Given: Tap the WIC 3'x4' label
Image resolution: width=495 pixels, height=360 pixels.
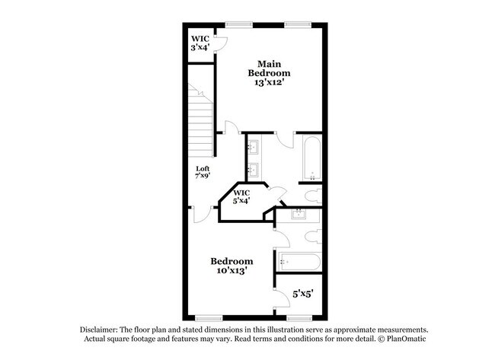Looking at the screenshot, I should (x=200, y=43).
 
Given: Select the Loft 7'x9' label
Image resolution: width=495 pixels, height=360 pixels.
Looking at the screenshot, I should (x=203, y=172).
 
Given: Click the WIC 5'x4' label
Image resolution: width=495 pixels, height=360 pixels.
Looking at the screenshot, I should (x=241, y=196).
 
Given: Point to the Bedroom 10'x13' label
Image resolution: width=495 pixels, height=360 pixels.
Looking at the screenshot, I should (x=232, y=266).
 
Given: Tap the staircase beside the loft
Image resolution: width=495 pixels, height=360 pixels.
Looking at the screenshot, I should (x=200, y=118).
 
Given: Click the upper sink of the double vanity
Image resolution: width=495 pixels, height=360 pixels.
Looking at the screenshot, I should (x=254, y=146).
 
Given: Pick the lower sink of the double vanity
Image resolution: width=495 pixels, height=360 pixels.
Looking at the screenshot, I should (x=254, y=169).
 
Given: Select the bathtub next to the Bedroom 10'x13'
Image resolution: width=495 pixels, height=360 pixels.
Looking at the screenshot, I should (x=299, y=263).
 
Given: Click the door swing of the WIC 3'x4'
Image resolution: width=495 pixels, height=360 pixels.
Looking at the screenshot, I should (x=221, y=44).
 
